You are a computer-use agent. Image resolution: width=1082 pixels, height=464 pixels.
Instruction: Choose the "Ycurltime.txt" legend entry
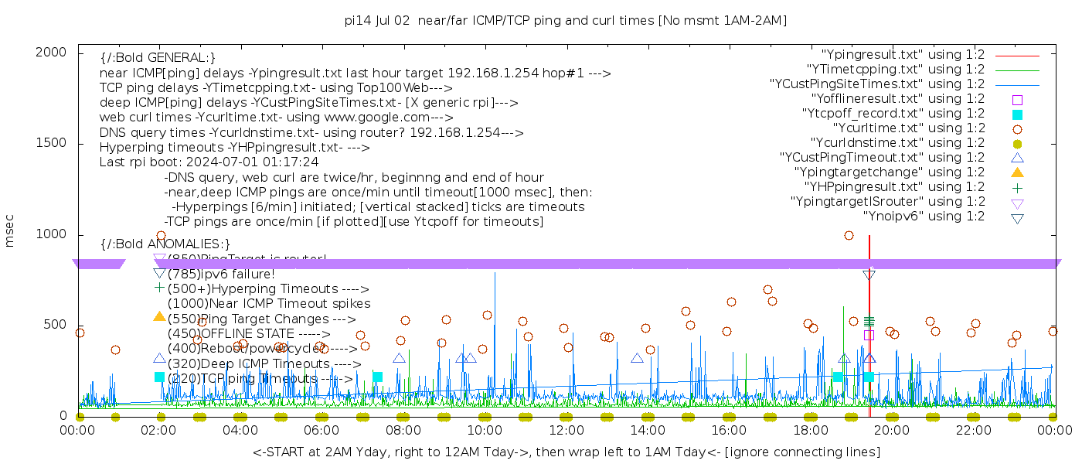pos(908,128)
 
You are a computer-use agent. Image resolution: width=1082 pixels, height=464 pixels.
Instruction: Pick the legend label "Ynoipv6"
pos(924,217)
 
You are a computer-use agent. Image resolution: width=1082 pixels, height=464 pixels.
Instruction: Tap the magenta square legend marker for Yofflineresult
pos(1017,99)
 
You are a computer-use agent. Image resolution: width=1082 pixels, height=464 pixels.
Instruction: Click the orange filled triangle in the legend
pos(1017,172)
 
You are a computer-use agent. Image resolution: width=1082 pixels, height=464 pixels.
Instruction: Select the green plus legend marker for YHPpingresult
pos(1017,187)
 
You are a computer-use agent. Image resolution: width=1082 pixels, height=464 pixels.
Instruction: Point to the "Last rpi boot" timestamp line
pos(209,162)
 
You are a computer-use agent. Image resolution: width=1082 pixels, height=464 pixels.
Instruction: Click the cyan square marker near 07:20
pos(377,377)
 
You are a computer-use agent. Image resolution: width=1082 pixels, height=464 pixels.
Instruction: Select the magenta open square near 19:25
pos(869,335)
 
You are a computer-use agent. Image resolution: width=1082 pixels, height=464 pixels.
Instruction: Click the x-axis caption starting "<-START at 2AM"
pos(566,452)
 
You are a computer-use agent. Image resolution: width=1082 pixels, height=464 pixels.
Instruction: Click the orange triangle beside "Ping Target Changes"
pos(159,316)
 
